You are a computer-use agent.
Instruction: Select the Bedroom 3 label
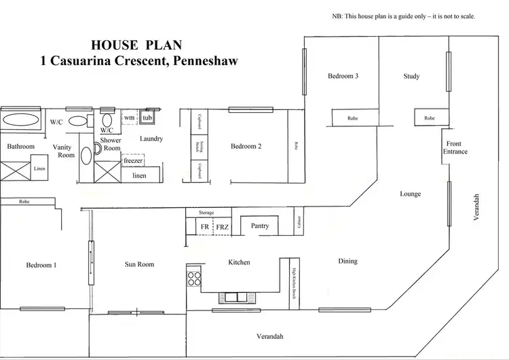(x=343, y=76)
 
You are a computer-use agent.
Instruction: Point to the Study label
(x=411, y=76)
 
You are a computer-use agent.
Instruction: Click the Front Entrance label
(x=455, y=147)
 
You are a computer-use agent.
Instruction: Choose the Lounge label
(x=410, y=194)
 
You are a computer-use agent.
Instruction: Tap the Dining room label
(x=347, y=261)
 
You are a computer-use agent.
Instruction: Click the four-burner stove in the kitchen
(x=194, y=278)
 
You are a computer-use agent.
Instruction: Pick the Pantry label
(x=259, y=226)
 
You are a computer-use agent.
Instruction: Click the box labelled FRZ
(x=223, y=226)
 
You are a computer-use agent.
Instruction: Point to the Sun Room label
(x=140, y=264)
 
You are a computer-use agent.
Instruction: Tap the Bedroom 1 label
(x=41, y=265)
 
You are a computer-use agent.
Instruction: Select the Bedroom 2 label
(x=246, y=146)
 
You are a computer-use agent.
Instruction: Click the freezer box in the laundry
(x=133, y=161)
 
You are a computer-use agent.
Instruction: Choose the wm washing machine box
(x=130, y=118)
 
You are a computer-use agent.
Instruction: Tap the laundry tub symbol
(x=147, y=118)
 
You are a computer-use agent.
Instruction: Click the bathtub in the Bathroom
(x=20, y=120)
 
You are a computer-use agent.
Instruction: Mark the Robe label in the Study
(x=429, y=118)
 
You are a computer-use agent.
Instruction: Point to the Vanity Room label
(x=63, y=151)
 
